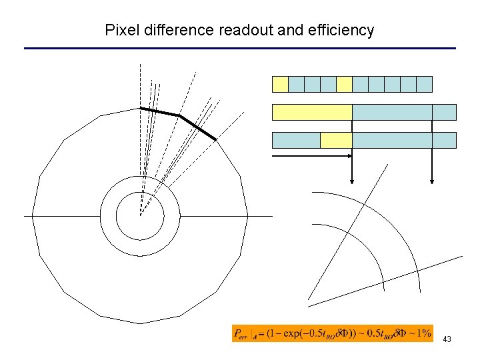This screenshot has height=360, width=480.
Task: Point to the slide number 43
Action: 447,339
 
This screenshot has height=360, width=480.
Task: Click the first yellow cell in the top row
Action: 280,84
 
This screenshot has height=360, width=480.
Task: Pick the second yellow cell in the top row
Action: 344,84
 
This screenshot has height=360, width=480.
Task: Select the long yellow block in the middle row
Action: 312,112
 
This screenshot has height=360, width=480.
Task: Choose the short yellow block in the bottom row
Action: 336,140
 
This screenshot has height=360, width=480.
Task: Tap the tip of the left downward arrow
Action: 352,180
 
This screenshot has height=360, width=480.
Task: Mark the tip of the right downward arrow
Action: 432,180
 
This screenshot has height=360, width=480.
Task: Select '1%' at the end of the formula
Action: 423,333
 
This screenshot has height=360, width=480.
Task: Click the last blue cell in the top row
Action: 424,84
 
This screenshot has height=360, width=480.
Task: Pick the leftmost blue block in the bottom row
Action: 296,140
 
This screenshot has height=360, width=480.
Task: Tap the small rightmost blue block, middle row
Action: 444,112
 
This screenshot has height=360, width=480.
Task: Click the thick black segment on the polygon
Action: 180,117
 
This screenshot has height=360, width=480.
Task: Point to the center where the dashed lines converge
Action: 140,215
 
